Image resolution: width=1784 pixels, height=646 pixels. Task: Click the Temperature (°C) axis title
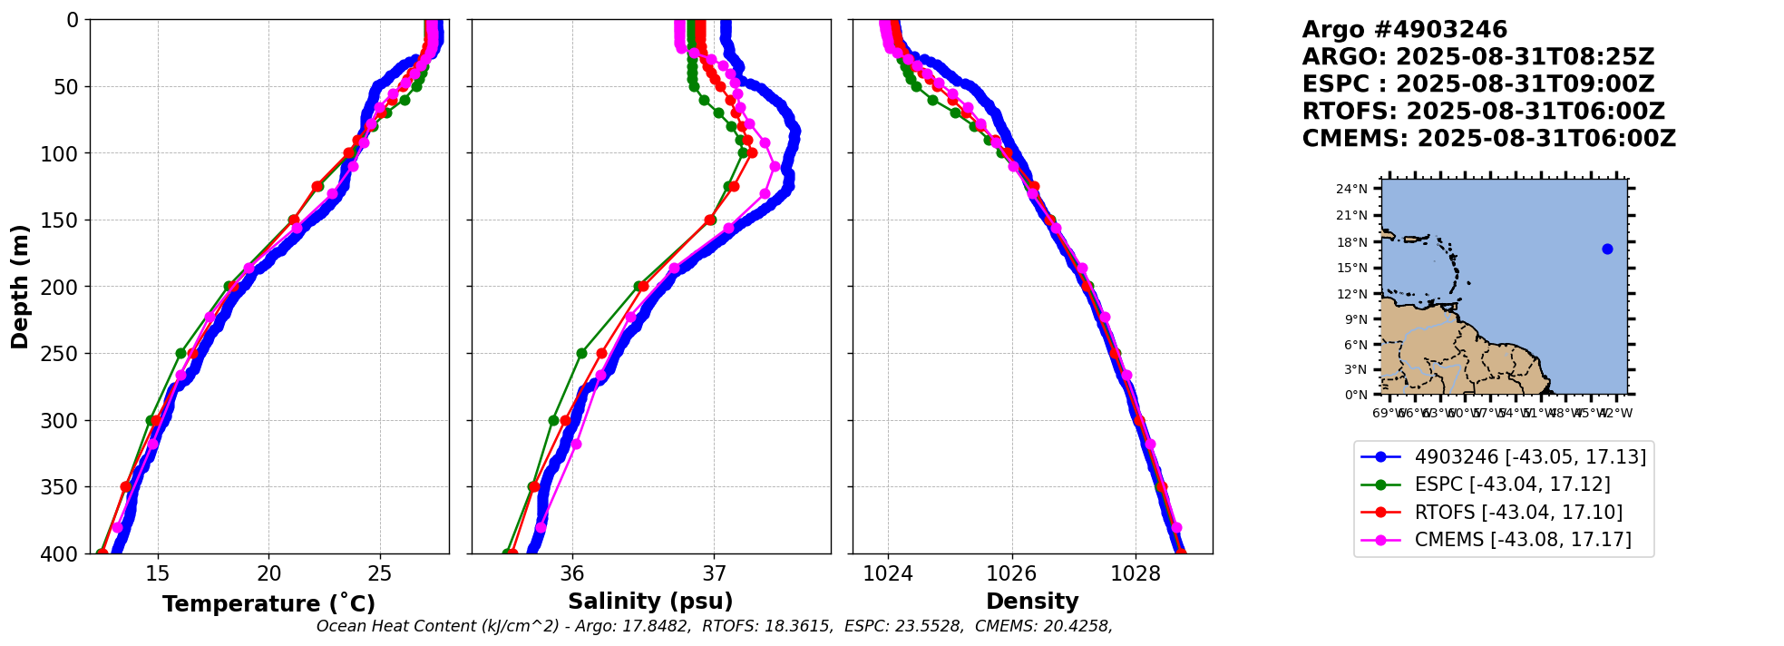point(268,603)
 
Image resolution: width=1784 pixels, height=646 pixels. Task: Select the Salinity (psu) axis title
point(650,602)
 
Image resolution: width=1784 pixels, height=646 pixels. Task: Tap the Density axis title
point(1032,602)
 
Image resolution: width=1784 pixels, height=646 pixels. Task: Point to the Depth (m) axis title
point(20,287)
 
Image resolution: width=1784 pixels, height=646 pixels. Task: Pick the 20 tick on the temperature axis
point(268,573)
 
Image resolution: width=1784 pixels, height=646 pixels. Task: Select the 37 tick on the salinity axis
point(714,573)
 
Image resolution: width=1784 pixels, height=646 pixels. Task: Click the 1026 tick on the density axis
point(1011,573)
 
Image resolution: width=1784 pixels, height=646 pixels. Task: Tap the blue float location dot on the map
point(1607,249)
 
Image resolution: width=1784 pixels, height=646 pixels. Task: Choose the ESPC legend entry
point(1512,484)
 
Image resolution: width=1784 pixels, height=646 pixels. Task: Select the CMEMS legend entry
point(1523,540)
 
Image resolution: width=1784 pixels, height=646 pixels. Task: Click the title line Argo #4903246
point(1404,30)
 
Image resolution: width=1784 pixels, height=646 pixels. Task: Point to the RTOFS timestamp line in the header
point(1483,112)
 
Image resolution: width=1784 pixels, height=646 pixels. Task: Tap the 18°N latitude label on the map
point(1351,242)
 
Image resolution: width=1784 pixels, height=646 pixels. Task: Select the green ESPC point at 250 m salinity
point(581,353)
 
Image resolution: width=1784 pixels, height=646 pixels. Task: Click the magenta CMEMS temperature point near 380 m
point(117,527)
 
